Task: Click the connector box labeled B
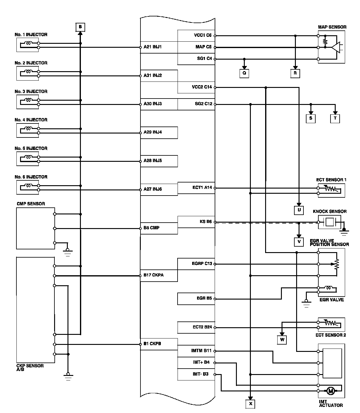tap(80, 27)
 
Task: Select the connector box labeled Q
tap(244, 73)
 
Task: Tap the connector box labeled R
tap(295, 73)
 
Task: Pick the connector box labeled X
tap(250, 404)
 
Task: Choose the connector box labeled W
tap(282, 340)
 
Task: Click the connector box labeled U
tap(299, 210)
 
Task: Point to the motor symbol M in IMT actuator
tap(330, 391)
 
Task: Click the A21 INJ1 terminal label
tap(153, 47)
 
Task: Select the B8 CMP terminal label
tap(151, 228)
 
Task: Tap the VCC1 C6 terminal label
tap(202, 35)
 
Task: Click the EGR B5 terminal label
tap(204, 298)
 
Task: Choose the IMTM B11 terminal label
tap(201, 351)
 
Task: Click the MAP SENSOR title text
tap(332, 27)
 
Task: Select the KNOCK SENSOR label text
tap(330, 211)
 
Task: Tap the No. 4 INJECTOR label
tap(31, 120)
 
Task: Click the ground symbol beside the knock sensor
tap(344, 233)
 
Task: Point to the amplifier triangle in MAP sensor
tap(336, 47)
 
